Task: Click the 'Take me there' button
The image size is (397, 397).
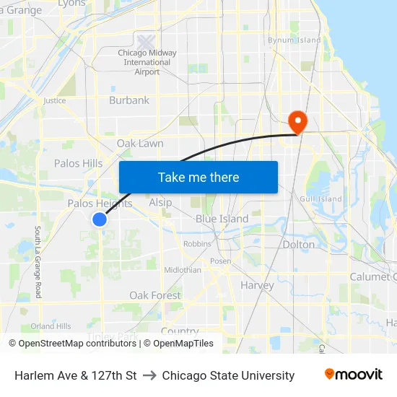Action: pyautogui.click(x=198, y=177)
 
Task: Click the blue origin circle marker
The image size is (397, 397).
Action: pyautogui.click(x=100, y=219)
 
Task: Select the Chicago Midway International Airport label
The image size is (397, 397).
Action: pyautogui.click(x=147, y=62)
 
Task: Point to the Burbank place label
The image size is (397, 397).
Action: pyautogui.click(x=129, y=100)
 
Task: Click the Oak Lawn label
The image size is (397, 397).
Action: pyautogui.click(x=140, y=144)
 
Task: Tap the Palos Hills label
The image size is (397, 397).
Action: pyautogui.click(x=78, y=163)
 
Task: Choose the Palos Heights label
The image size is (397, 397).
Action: pyautogui.click(x=100, y=204)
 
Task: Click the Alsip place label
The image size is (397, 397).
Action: pyautogui.click(x=160, y=202)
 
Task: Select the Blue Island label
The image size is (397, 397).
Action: pyautogui.click(x=222, y=219)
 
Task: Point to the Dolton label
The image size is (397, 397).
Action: pyautogui.click(x=299, y=244)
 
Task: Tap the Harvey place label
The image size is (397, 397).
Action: pyautogui.click(x=257, y=285)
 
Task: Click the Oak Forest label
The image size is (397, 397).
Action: pyautogui.click(x=155, y=295)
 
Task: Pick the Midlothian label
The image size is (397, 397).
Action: pyautogui.click(x=183, y=269)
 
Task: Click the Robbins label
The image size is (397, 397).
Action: pyautogui.click(x=197, y=244)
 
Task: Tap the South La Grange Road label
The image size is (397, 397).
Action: pyautogui.click(x=38, y=262)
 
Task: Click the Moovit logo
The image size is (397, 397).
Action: pyautogui.click(x=353, y=375)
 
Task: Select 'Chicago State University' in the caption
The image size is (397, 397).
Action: pyautogui.click(x=228, y=375)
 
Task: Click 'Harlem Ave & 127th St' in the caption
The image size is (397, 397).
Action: pyautogui.click(x=76, y=375)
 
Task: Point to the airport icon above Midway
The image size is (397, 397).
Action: pyautogui.click(x=146, y=41)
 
